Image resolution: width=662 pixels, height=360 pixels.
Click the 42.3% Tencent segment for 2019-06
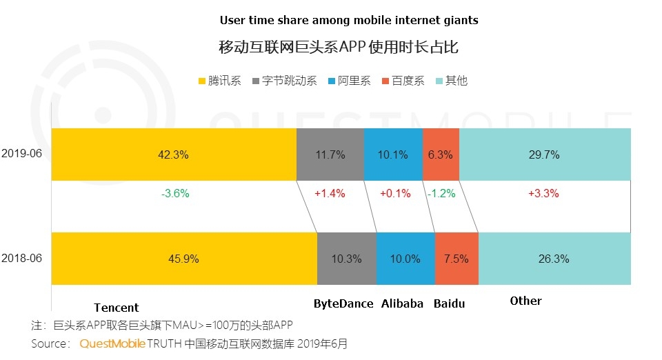pyautogui.click(x=173, y=154)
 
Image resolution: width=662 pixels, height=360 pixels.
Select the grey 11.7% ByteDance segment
pyautogui.click(x=330, y=154)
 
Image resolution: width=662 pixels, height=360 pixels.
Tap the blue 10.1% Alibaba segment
pyautogui.click(x=393, y=154)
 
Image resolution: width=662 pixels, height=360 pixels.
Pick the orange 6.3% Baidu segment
pyautogui.click(x=441, y=154)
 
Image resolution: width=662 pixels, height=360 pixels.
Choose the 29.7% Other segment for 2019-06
pyautogui.click(x=544, y=154)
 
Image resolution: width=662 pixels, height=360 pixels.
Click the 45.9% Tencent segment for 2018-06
pyautogui.click(x=183, y=259)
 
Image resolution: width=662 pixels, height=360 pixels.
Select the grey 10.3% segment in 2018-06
pyautogui.click(x=347, y=259)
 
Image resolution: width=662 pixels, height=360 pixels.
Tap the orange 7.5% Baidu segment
pyautogui.click(x=457, y=259)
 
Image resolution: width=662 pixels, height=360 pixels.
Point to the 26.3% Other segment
pyautogui.click(x=554, y=259)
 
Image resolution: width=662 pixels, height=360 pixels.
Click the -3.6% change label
pyautogui.click(x=174, y=193)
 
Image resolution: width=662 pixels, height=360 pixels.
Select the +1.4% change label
pyautogui.click(x=329, y=193)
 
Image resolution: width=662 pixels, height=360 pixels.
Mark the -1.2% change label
pyautogui.click(x=441, y=193)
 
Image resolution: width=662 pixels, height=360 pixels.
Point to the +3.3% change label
pyautogui.click(x=543, y=193)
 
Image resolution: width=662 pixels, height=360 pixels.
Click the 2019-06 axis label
pyautogui.click(x=22, y=154)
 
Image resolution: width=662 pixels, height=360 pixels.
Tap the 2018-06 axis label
pyautogui.click(x=22, y=258)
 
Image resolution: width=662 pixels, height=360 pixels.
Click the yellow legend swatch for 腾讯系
pyautogui.click(x=203, y=81)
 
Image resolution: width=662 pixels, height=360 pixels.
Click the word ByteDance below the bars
pyautogui.click(x=343, y=303)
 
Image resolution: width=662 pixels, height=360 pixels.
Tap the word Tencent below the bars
pyautogui.click(x=116, y=308)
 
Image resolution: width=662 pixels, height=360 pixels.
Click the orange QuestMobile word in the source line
pyautogui.click(x=112, y=343)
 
